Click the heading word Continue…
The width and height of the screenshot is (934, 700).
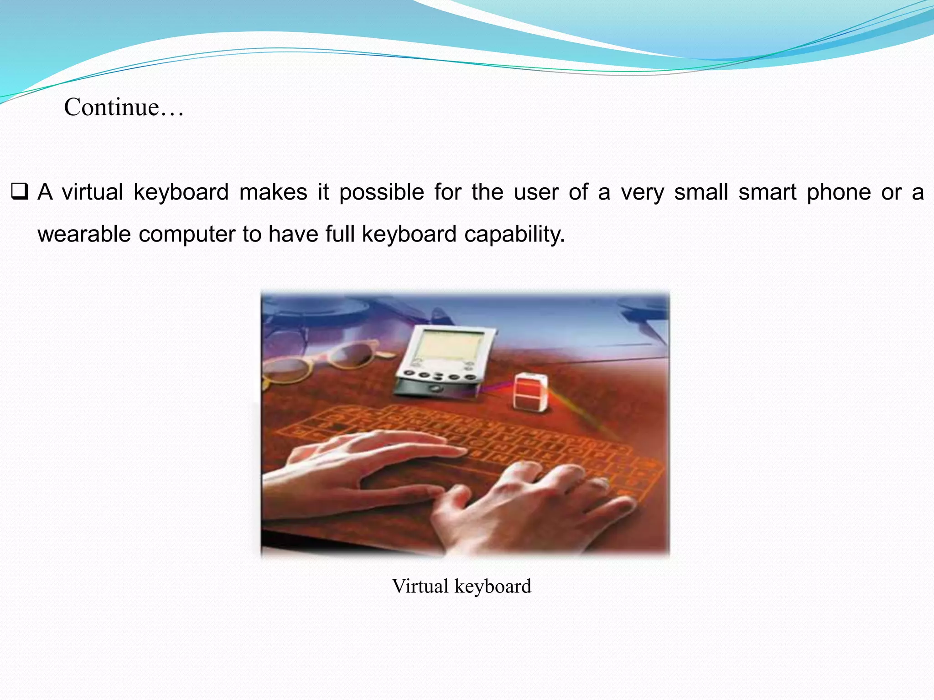(124, 108)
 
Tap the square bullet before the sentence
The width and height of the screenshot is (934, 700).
(20, 191)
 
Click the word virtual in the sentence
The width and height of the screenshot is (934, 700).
(93, 192)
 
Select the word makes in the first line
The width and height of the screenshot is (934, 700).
(273, 192)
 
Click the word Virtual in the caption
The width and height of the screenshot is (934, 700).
(420, 586)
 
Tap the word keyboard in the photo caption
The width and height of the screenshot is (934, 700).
(493, 587)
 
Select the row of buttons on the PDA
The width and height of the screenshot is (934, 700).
(438, 376)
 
